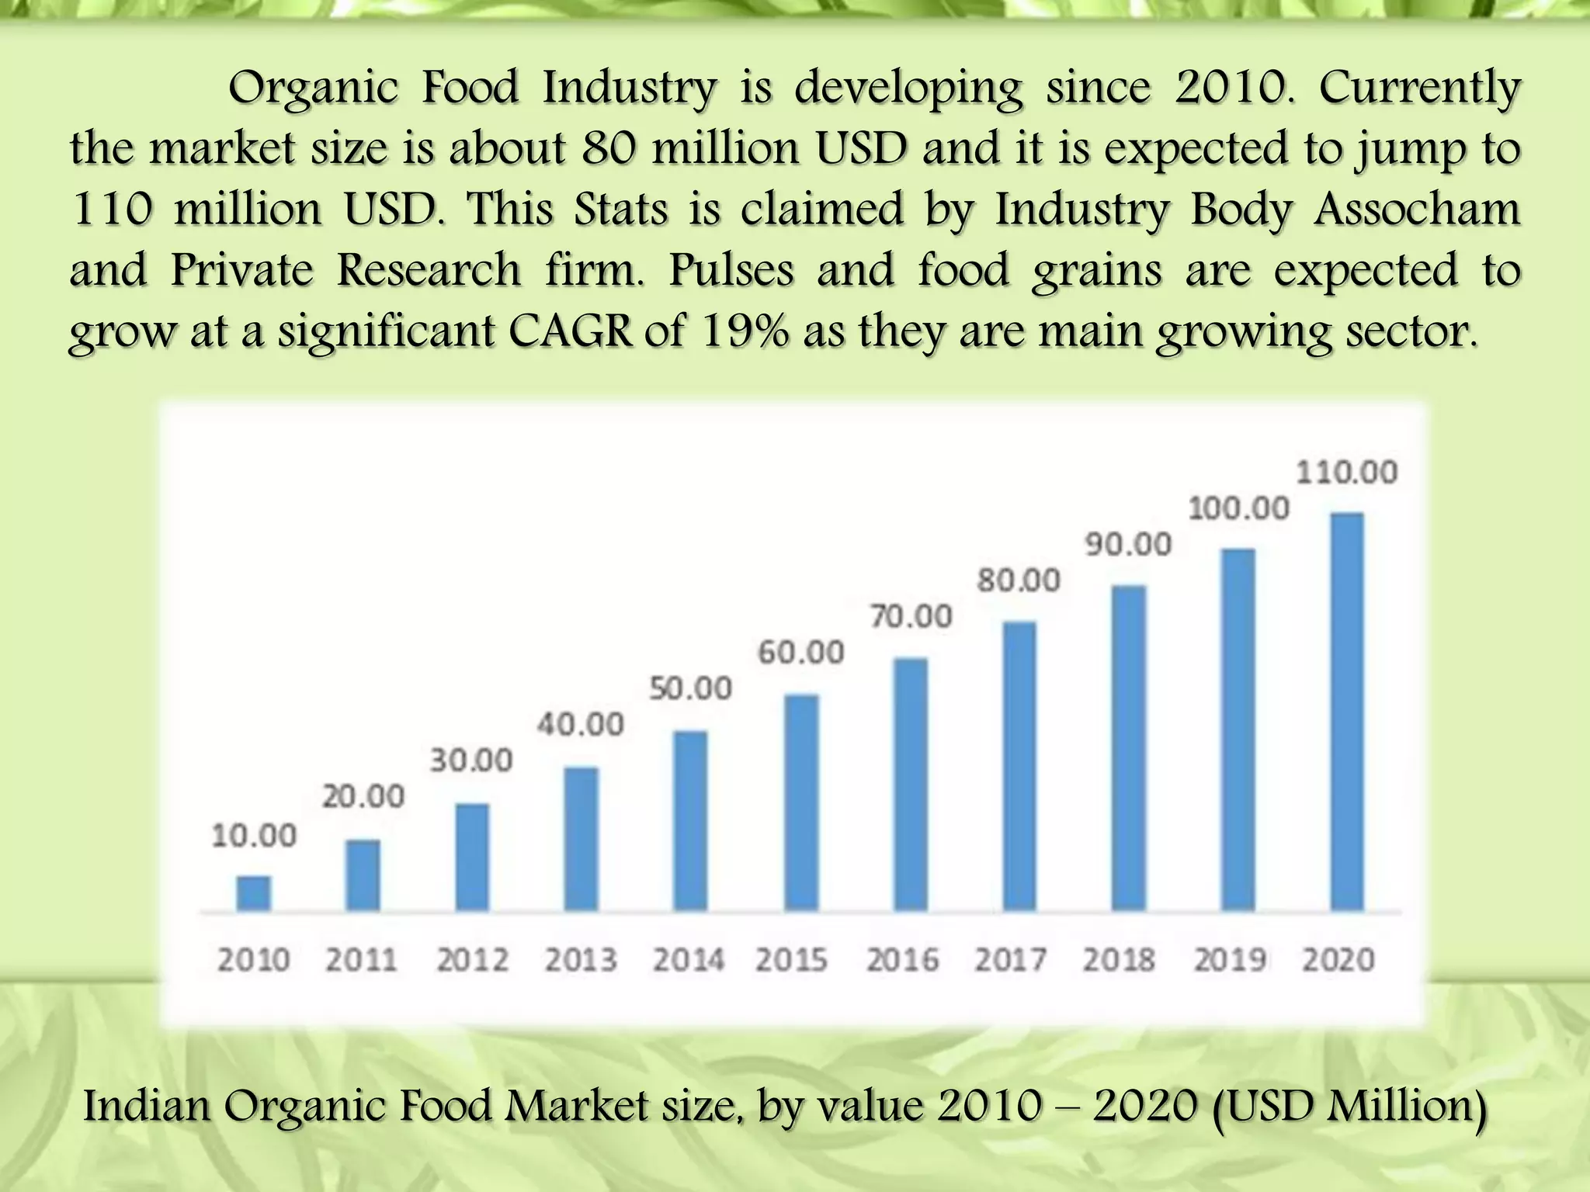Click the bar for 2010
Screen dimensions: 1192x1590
(x=254, y=893)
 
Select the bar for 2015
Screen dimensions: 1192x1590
(x=801, y=802)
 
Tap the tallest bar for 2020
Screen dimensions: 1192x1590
(x=1347, y=712)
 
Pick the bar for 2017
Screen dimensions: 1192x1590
(x=1019, y=766)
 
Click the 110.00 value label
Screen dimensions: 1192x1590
(x=1347, y=472)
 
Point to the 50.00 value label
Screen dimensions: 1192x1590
(x=691, y=688)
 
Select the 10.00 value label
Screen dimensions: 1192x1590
(x=254, y=836)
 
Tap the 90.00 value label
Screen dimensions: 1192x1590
(x=1128, y=544)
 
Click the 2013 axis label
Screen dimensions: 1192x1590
(x=581, y=961)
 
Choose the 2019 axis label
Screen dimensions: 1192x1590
(x=1230, y=961)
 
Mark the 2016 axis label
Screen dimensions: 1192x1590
(x=902, y=961)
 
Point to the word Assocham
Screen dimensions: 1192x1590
(x=1417, y=210)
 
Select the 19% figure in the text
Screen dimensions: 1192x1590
(x=745, y=332)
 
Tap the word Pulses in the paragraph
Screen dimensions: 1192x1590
(x=731, y=271)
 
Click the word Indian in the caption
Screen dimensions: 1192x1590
(x=147, y=1105)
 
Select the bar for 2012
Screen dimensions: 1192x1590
(x=472, y=857)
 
